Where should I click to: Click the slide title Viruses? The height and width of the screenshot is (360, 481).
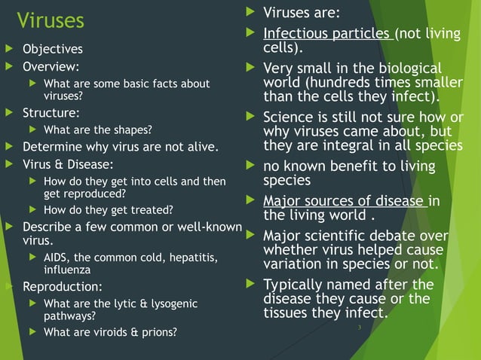pyautogui.click(x=51, y=20)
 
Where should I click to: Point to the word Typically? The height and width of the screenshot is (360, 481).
pyautogui.click(x=296, y=285)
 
